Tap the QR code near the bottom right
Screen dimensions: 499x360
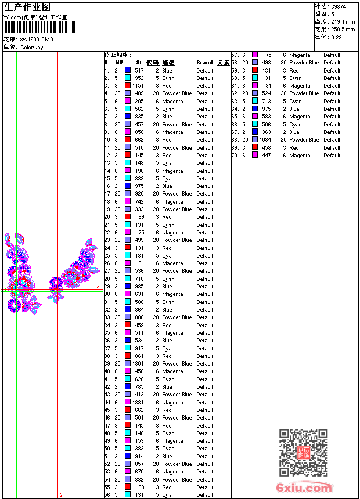tap(303, 452)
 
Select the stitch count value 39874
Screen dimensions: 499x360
tap(340, 6)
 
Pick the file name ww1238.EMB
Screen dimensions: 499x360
tap(37, 39)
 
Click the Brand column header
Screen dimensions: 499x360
tap(204, 63)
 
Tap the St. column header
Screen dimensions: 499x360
tap(140, 63)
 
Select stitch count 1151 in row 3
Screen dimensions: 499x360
tap(138, 86)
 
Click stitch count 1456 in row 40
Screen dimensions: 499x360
tap(138, 371)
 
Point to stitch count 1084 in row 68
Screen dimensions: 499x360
tap(265, 140)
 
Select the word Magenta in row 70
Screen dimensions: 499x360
tap(300, 156)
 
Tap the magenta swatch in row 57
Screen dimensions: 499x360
tap(255, 55)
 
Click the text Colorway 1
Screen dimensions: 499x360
tap(34, 47)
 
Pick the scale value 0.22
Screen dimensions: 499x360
tap(336, 37)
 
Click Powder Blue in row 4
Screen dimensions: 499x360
tap(177, 93)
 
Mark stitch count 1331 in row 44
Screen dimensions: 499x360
tap(138, 402)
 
